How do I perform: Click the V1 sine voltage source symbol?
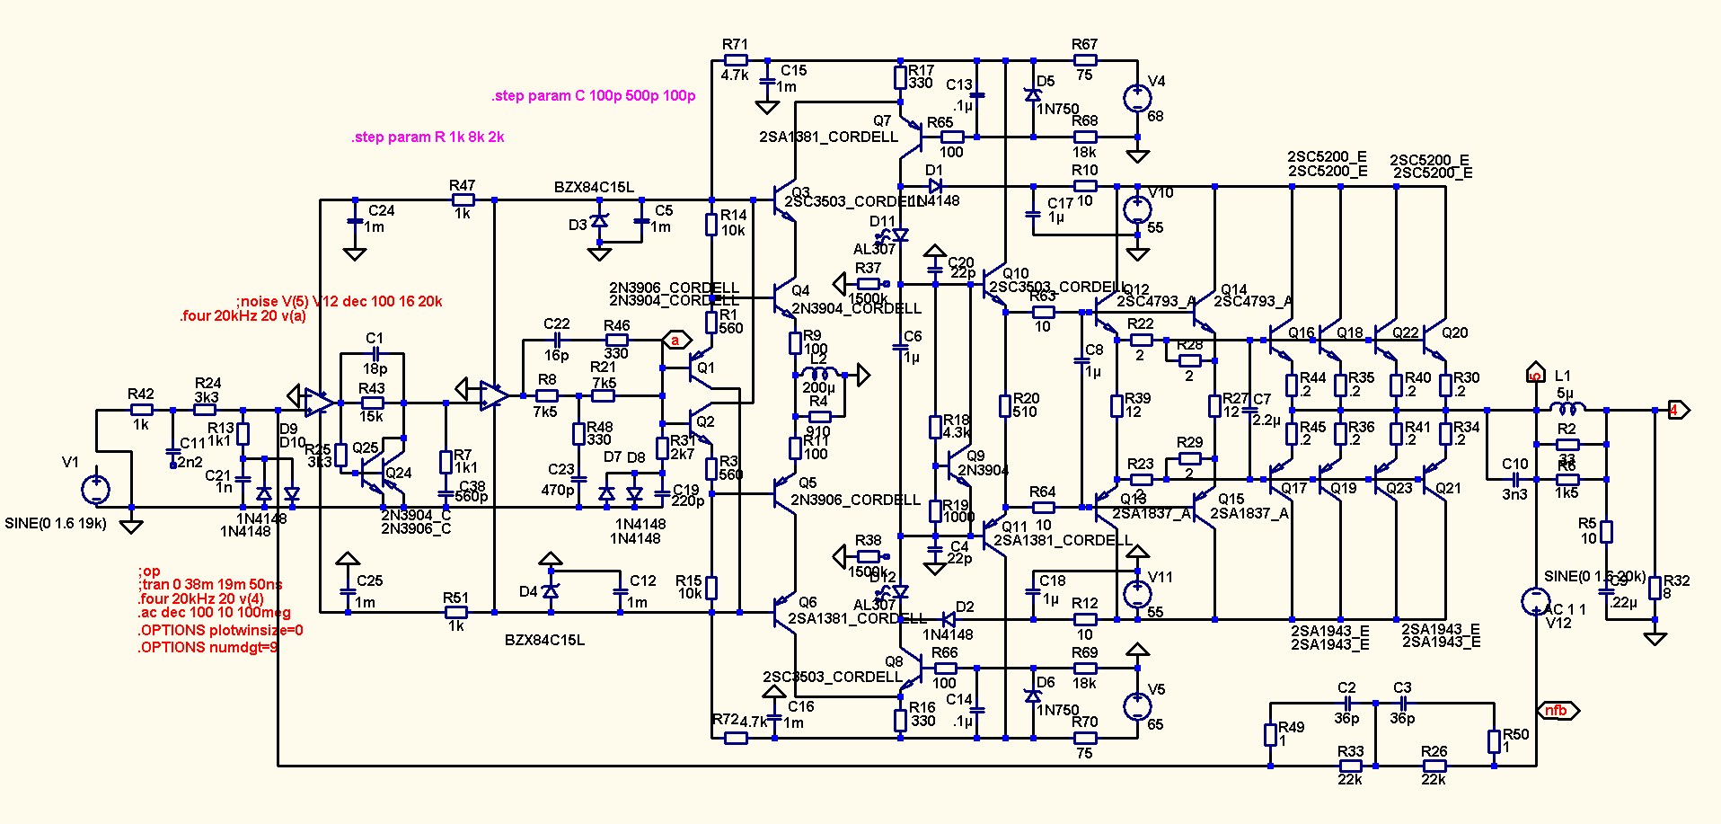[95, 490]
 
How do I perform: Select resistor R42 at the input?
[141, 410]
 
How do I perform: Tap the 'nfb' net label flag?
[1558, 711]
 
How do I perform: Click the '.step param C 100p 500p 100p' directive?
[593, 96]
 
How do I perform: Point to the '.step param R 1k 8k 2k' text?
[428, 137]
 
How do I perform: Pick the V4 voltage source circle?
[1137, 97]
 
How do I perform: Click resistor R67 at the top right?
[1085, 60]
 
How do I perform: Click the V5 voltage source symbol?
[1137, 706]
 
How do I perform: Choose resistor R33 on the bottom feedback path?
[1350, 766]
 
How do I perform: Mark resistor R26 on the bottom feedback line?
[1434, 766]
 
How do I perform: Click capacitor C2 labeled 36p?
[1346, 704]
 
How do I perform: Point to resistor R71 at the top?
[736, 60]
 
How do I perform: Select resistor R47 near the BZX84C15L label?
[463, 199]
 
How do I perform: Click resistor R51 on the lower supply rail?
[456, 613]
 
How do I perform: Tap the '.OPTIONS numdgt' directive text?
[207, 647]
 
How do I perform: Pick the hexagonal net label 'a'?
[676, 341]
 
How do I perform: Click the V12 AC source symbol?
[1535, 601]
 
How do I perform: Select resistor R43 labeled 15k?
[372, 403]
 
